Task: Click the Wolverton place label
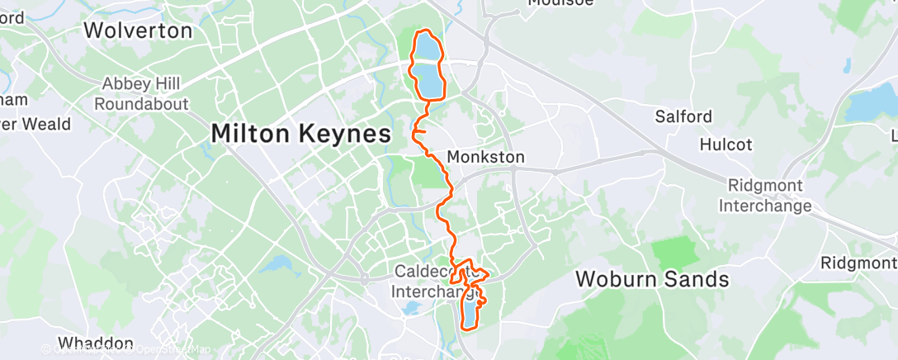[138, 31]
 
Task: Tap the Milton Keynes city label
[300, 133]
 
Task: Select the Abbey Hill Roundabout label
[142, 94]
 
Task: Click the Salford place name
[683, 116]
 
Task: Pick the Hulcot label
[725, 144]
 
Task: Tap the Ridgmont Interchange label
[765, 197]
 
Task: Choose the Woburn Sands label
[652, 279]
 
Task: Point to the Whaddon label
[97, 343]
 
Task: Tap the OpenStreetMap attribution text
[169, 349]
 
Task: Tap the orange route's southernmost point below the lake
[468, 329]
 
